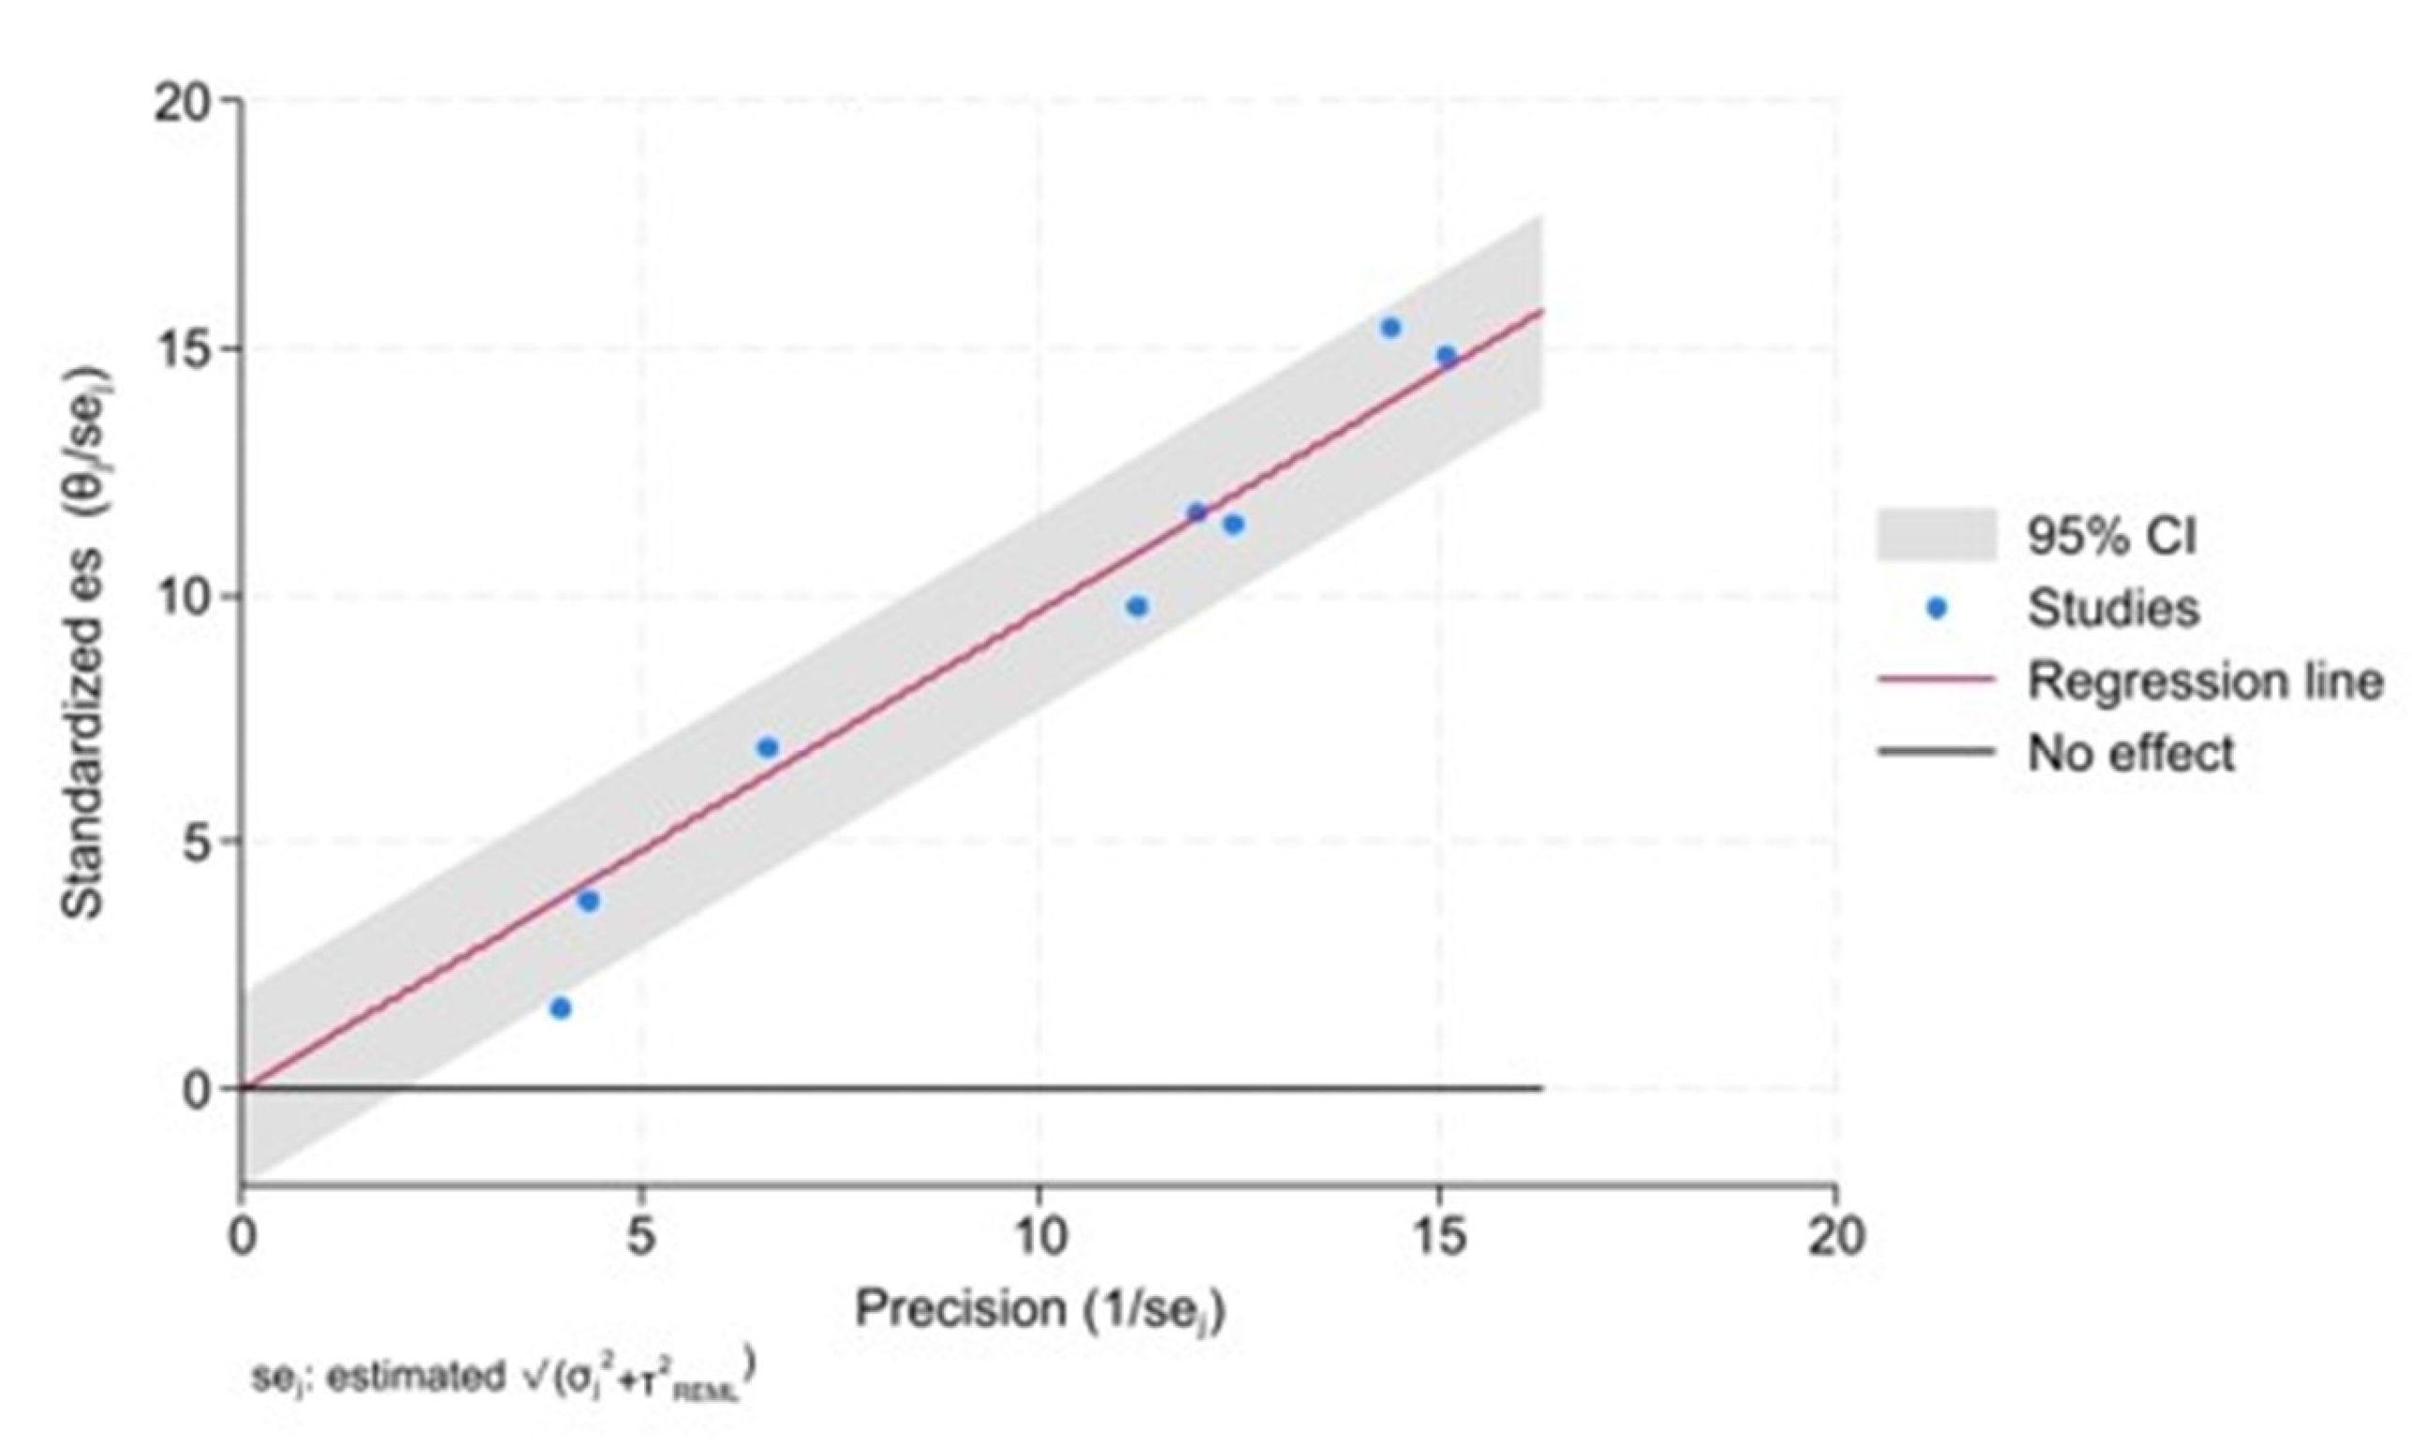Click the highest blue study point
point(1390,328)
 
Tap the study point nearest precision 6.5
point(767,747)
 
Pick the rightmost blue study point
point(1446,356)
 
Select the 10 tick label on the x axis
point(1038,1237)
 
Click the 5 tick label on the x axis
point(640,1237)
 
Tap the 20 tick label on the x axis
point(1835,1237)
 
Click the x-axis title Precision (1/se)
point(1039,1310)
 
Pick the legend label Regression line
point(2205,680)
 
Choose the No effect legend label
point(2131,752)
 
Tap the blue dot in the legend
point(1936,609)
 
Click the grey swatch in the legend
point(1936,535)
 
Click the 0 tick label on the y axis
point(198,1091)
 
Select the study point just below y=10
point(1137,607)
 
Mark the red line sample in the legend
point(1936,680)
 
